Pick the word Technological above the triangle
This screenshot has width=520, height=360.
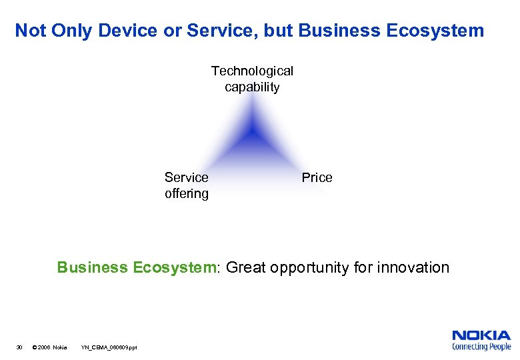pos(252,71)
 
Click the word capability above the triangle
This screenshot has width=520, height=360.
pos(252,87)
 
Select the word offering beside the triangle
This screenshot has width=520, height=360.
pos(186,194)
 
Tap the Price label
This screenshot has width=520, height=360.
pos(317,177)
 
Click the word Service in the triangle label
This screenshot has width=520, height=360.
pos(186,177)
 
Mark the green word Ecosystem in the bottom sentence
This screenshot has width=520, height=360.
pos(175,268)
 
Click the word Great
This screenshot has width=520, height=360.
pos(247,268)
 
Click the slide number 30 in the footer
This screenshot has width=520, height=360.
pos(19,347)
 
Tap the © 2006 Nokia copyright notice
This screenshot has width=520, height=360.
pos(50,347)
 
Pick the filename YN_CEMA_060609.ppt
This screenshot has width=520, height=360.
pos(109,347)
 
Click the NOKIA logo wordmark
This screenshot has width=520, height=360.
pos(481,335)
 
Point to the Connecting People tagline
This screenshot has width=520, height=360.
pos(481,347)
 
